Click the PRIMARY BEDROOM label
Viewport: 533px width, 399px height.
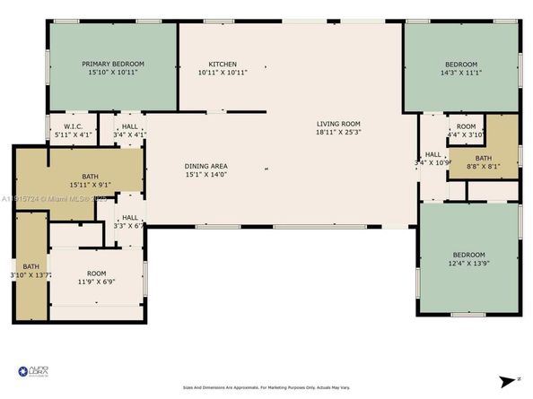point(113,64)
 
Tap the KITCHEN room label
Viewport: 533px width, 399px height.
point(223,64)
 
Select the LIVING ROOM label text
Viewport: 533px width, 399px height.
point(337,124)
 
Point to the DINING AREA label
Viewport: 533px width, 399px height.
point(205,167)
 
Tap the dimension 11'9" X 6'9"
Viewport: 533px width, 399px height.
point(96,281)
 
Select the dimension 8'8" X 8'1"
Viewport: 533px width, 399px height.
point(482,166)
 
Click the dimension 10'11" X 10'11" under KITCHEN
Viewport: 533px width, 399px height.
point(223,73)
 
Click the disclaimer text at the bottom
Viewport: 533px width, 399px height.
point(266,387)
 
